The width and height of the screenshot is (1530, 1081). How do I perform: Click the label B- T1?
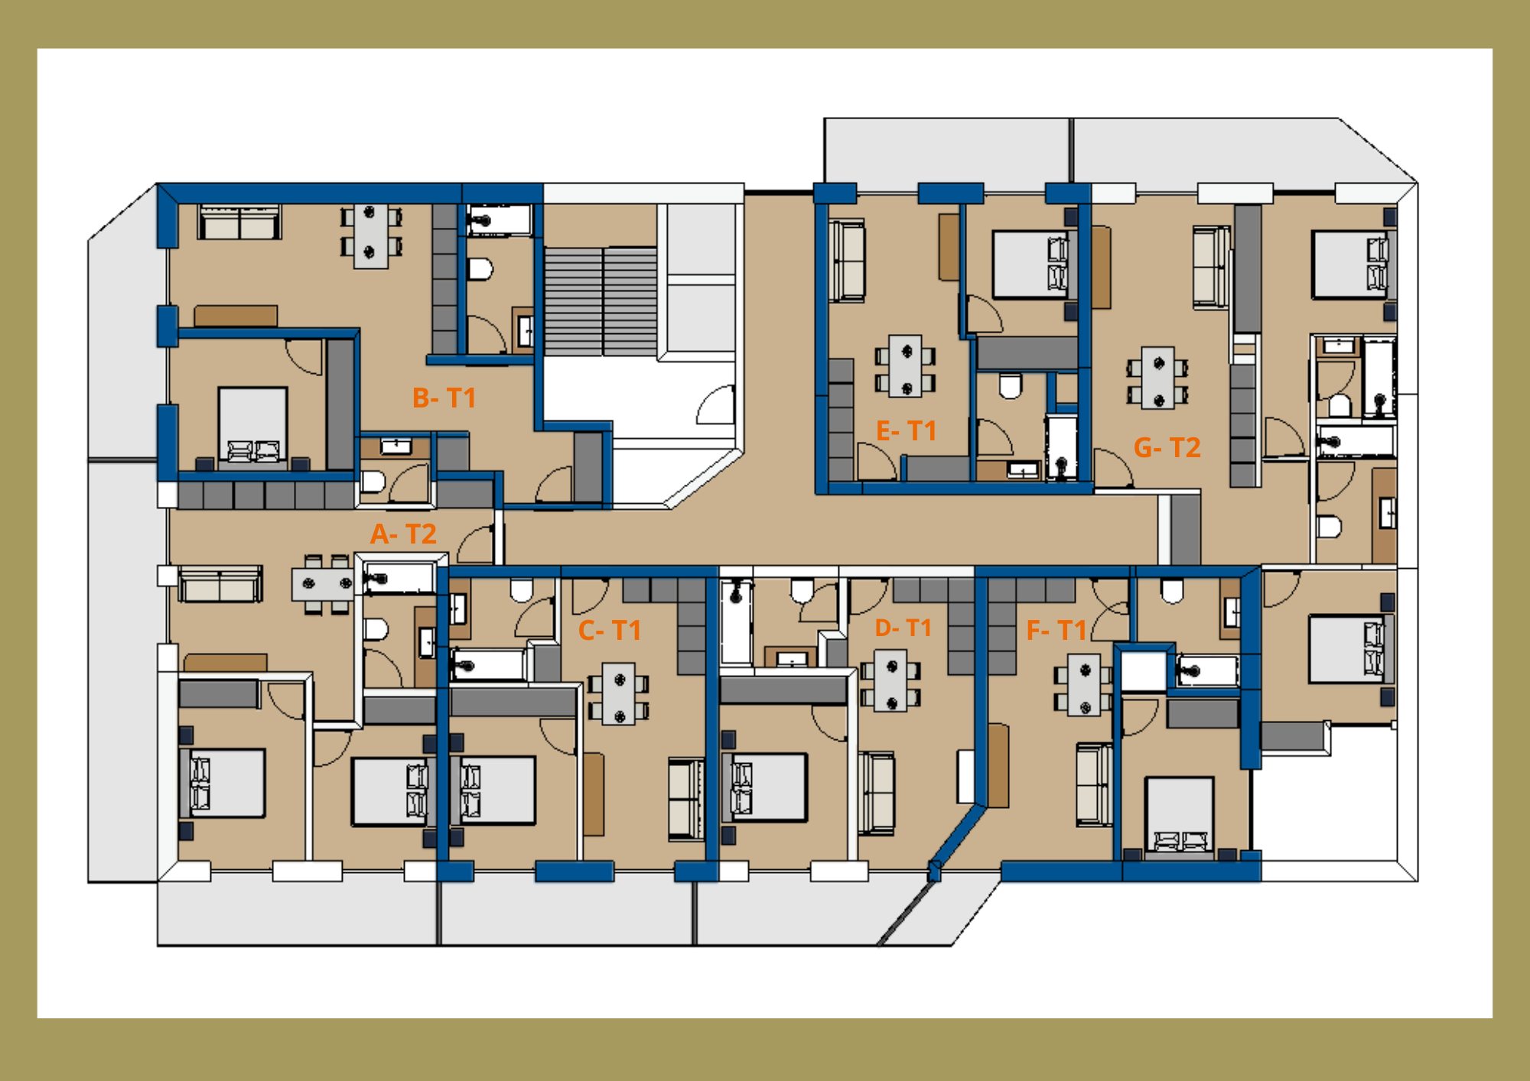(444, 398)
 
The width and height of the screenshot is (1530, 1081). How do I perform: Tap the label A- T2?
(403, 534)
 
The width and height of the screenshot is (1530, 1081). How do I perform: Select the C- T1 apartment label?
(609, 630)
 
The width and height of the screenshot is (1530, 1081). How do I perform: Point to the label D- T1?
(903, 628)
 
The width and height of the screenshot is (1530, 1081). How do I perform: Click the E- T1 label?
(907, 430)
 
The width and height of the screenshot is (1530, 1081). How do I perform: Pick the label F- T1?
(1056, 630)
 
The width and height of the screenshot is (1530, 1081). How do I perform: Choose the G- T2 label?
(1167, 447)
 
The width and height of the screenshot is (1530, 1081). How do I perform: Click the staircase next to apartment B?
(601, 301)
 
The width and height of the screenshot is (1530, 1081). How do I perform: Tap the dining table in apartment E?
(906, 366)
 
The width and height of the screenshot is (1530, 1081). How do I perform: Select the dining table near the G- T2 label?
(1158, 378)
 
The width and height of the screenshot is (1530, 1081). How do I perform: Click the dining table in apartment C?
(619, 693)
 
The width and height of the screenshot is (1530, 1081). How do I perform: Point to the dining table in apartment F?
(1085, 684)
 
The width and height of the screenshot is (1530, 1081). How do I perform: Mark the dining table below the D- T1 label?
(891, 680)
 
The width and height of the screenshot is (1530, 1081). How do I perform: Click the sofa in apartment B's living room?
(239, 222)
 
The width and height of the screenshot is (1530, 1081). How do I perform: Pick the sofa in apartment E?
(847, 261)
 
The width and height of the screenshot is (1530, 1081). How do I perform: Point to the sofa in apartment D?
(876, 793)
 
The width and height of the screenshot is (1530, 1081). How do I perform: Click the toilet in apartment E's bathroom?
(1011, 386)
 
